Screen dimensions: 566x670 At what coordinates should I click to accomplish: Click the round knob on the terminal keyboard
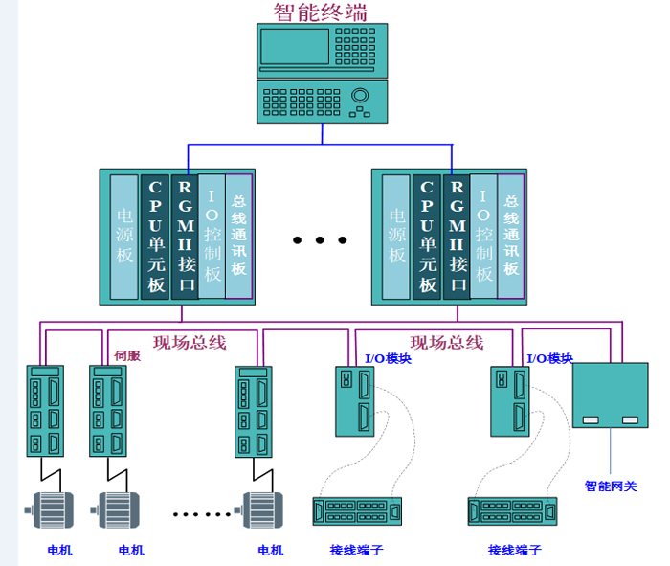361,96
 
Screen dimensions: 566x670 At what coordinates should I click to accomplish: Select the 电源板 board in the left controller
124,236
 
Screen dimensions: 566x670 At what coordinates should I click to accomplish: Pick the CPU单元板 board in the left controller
155,236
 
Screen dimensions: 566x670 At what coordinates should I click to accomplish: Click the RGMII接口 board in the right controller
457,236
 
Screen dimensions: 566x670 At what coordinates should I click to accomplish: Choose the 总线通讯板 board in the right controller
511,236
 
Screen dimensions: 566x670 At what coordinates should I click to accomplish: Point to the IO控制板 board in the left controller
212,236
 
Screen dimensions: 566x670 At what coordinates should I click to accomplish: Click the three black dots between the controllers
320,239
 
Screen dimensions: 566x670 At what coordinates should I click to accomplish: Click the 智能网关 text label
611,487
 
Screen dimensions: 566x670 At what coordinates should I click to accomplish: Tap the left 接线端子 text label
357,550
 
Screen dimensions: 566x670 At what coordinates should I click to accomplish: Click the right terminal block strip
513,510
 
